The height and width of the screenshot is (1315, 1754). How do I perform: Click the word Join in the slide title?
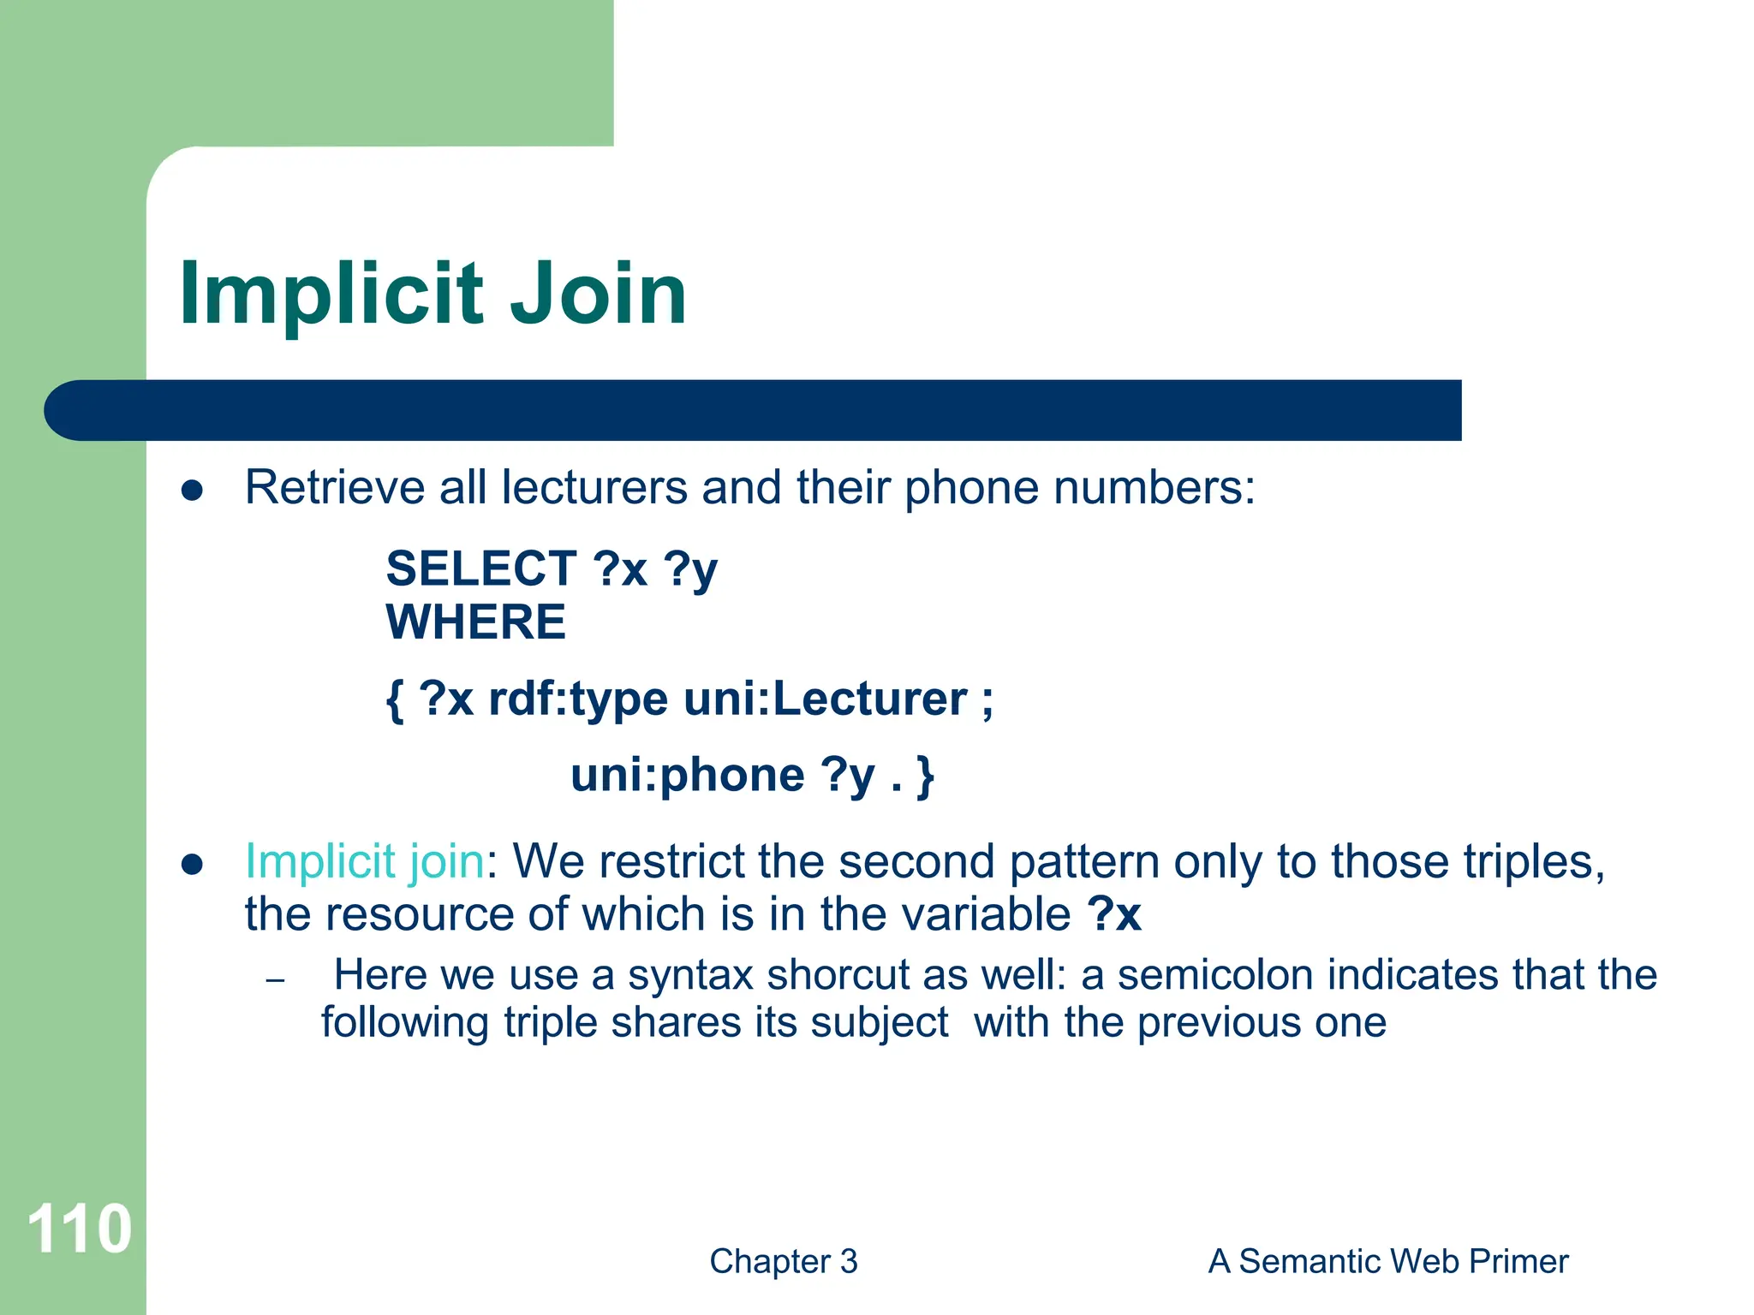tap(599, 294)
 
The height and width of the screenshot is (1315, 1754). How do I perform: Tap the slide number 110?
tap(79, 1229)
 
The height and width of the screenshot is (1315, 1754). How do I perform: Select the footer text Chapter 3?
tap(783, 1261)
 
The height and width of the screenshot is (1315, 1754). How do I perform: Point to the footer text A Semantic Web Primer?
tap(1387, 1261)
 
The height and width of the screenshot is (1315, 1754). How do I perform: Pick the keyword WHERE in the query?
tap(476, 622)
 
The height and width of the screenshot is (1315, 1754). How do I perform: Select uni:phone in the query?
tap(688, 776)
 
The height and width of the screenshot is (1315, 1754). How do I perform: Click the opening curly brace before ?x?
tap(395, 700)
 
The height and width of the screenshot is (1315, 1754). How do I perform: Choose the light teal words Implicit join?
tap(365, 861)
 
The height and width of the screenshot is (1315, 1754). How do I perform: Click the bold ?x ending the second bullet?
tap(1114, 914)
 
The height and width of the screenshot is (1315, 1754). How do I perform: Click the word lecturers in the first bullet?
tap(594, 487)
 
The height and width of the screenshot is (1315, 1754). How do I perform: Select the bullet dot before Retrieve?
tap(193, 491)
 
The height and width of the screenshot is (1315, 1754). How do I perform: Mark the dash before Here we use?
tap(275, 980)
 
